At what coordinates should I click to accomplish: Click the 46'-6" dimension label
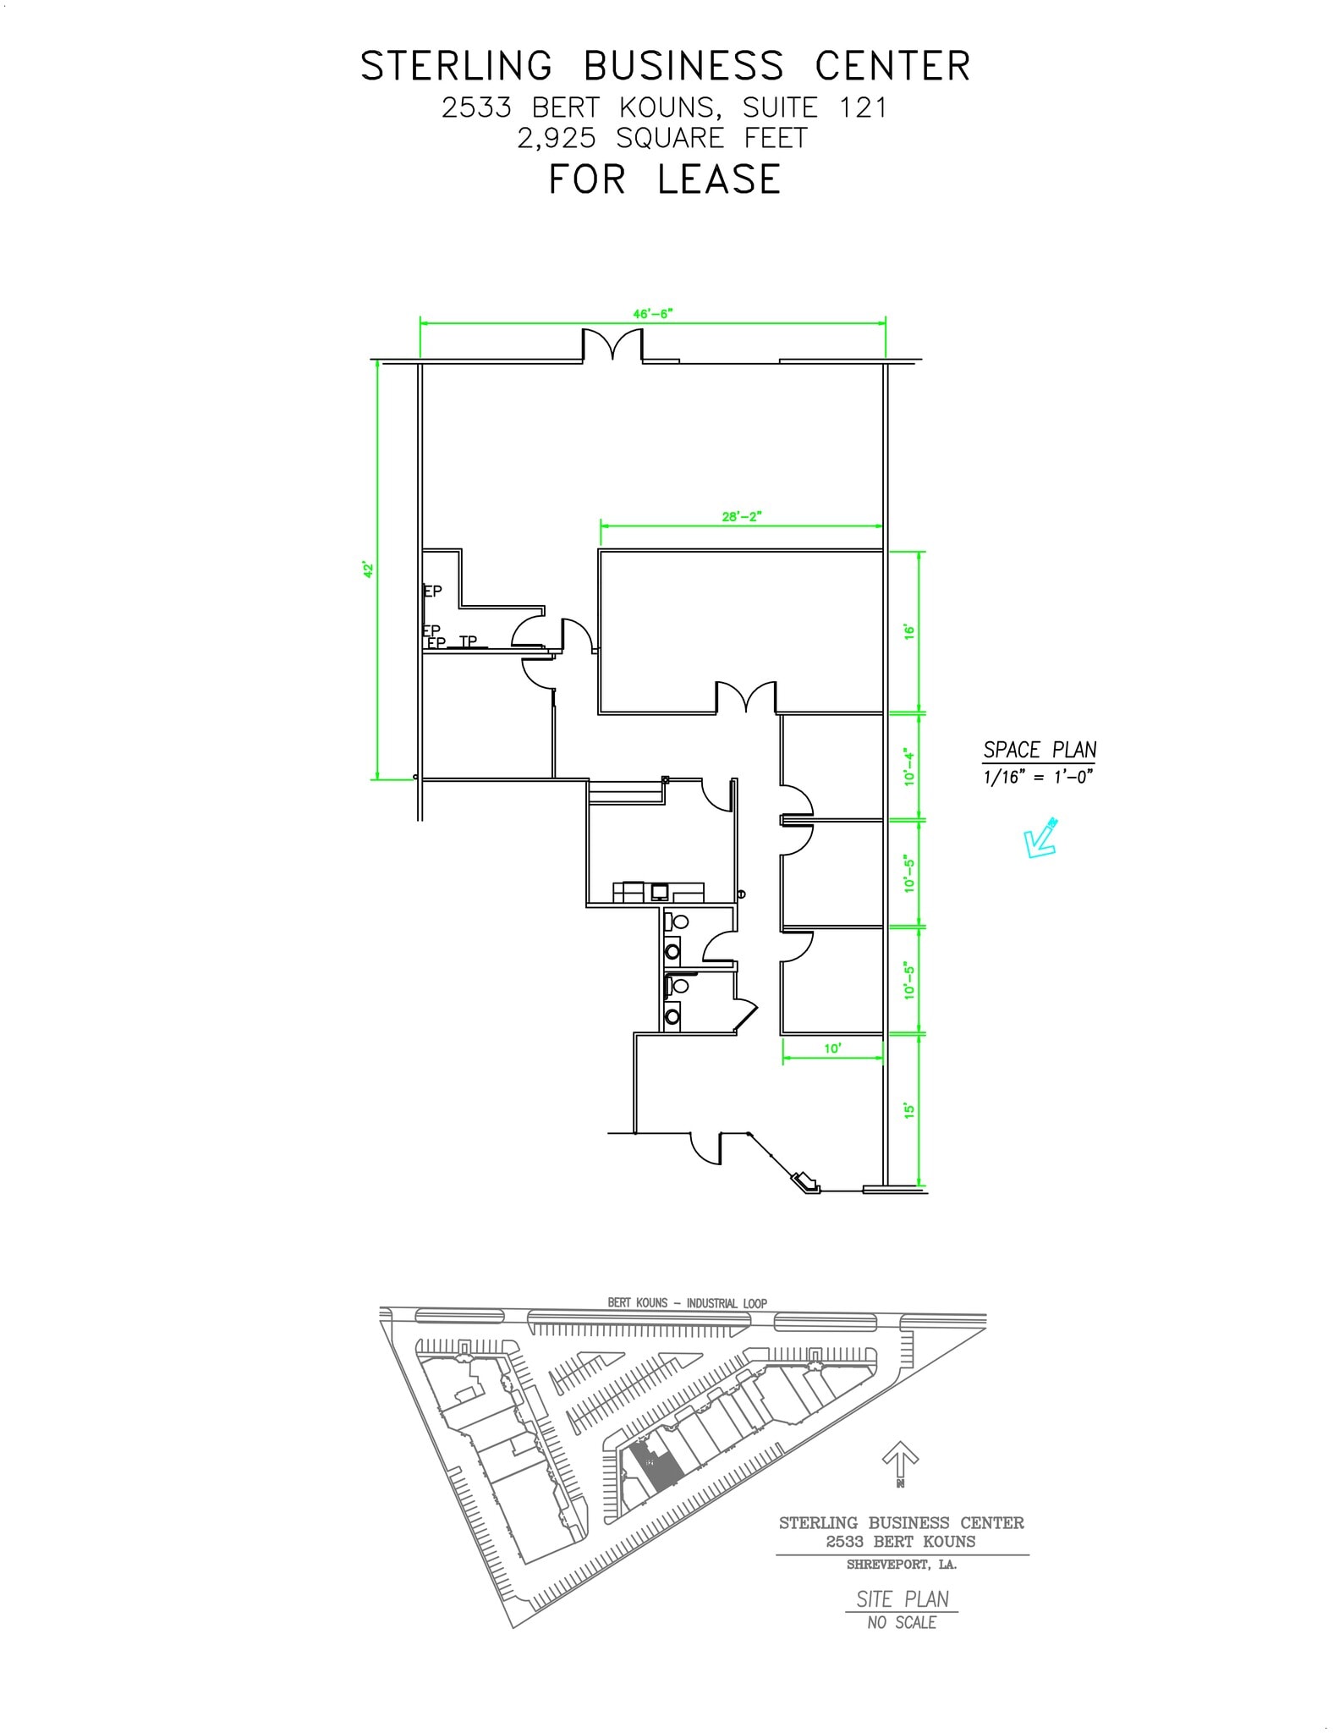652,314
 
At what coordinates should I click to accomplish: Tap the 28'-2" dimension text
742,517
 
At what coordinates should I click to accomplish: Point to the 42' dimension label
368,569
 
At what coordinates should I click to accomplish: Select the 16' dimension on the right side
910,631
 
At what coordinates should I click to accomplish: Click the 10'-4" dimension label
910,766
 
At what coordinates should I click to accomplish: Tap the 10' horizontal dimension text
832,1048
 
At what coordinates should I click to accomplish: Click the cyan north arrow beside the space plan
1040,838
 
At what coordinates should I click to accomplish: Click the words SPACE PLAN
1040,750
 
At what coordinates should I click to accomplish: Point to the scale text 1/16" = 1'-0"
1038,777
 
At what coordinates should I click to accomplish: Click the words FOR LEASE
665,179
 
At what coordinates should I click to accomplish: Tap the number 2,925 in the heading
557,138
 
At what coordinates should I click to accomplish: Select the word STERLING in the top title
457,66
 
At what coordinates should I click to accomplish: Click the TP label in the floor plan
468,642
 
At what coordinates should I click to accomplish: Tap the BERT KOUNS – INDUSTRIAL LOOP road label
687,1303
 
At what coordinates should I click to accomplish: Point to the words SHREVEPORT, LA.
902,1565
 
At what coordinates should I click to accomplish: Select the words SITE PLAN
902,1599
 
